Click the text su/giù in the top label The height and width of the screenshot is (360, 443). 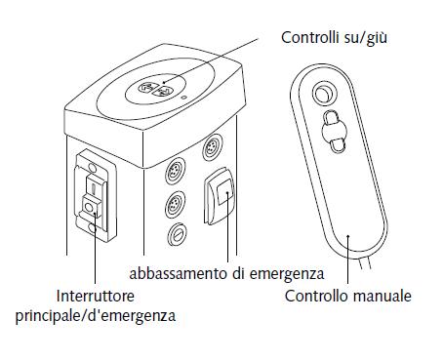366,38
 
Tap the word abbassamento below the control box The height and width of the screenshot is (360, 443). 179,273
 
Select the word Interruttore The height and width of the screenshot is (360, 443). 96,296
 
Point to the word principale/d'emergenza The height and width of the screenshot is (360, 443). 96,316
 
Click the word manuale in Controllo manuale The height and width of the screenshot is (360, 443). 382,296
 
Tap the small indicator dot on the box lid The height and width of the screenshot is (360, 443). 184,97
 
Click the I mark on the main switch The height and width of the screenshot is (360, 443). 93,188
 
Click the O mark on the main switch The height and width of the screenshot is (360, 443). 88,207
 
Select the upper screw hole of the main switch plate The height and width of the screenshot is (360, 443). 92,168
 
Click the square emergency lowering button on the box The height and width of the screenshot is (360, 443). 224,192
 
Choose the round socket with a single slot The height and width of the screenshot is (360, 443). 177,234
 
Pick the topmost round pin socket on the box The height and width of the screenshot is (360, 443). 213,148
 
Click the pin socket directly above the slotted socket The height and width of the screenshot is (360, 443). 176,205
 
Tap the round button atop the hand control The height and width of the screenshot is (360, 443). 324,94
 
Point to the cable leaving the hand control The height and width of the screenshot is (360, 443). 365,261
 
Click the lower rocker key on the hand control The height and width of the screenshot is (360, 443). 338,144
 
